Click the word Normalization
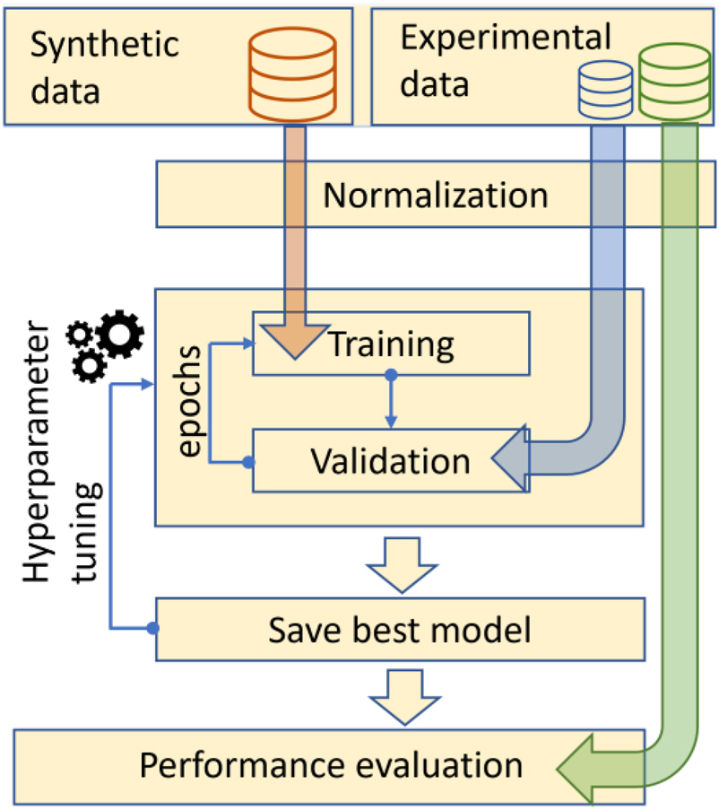(x=435, y=195)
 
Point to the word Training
(x=391, y=343)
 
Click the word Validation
(x=390, y=460)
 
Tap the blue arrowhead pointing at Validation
(x=508, y=461)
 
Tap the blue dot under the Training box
(x=390, y=375)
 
